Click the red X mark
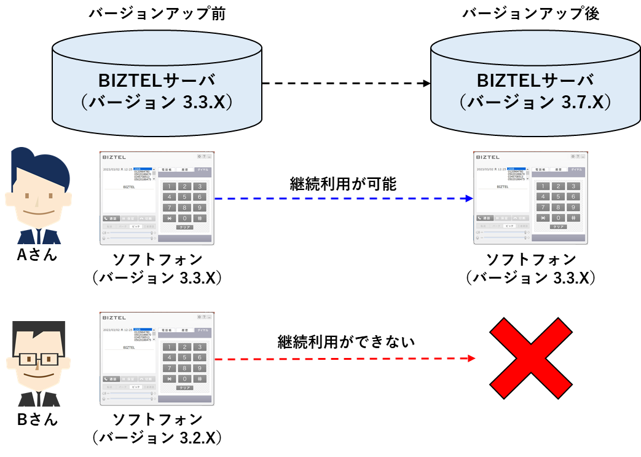531,359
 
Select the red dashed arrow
344,359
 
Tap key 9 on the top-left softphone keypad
199,207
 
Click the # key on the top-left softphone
199,218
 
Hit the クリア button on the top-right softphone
558,227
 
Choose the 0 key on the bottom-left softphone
184,379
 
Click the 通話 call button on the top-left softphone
111,218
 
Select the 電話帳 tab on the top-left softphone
167,169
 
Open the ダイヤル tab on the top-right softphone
576,169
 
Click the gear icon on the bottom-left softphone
199,317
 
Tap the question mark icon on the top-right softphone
578,156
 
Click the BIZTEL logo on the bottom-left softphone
114,317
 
